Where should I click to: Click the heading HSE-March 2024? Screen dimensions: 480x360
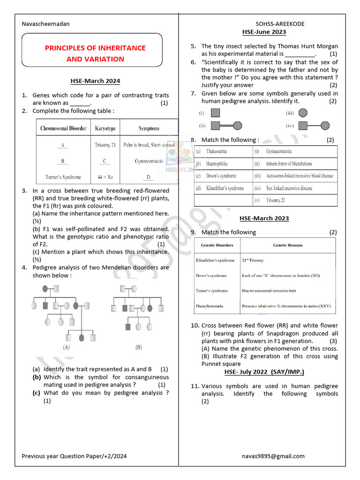point(95,81)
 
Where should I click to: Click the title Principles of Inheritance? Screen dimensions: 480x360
point(95,48)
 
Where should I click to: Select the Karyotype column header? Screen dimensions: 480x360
point(105,128)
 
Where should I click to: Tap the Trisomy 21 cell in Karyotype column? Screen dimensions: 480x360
point(105,145)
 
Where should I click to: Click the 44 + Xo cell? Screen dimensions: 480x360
point(105,177)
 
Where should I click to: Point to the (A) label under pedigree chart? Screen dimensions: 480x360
point(66,347)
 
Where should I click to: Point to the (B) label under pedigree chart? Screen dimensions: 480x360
point(138,347)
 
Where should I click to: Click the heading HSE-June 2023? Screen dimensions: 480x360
point(264,32)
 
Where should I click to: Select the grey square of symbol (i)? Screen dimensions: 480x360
point(215,113)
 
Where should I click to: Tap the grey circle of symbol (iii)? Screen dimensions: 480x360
point(303,113)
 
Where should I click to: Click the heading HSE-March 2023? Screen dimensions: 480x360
point(264,218)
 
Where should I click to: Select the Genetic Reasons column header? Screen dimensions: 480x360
point(288,245)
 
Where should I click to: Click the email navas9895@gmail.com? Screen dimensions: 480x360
point(273,456)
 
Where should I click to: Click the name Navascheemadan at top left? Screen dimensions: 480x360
point(46,24)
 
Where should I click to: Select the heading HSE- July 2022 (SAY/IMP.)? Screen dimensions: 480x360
point(264,372)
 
